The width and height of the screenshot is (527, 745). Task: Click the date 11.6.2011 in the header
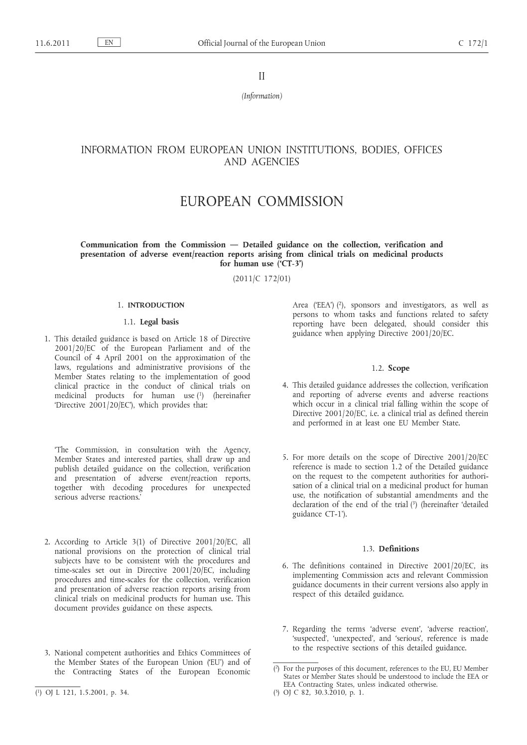[52, 43]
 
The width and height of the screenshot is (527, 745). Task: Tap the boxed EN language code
[109, 43]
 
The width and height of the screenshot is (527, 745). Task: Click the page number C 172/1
[473, 43]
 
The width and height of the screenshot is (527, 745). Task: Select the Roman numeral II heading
[262, 76]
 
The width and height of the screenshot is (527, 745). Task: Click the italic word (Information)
[262, 96]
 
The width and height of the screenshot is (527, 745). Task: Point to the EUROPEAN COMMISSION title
[262, 202]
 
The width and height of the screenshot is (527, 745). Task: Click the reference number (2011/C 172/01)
[262, 279]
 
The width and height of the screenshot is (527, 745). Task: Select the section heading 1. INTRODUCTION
[156, 305]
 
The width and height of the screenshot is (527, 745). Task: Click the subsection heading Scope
[398, 368]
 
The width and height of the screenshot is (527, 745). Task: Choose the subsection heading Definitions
[398, 549]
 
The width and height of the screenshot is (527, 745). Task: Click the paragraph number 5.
[285, 457]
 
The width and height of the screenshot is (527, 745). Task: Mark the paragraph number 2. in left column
[48, 542]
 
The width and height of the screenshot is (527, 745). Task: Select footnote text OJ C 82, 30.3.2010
[319, 692]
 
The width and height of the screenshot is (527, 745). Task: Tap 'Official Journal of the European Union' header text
[262, 43]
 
